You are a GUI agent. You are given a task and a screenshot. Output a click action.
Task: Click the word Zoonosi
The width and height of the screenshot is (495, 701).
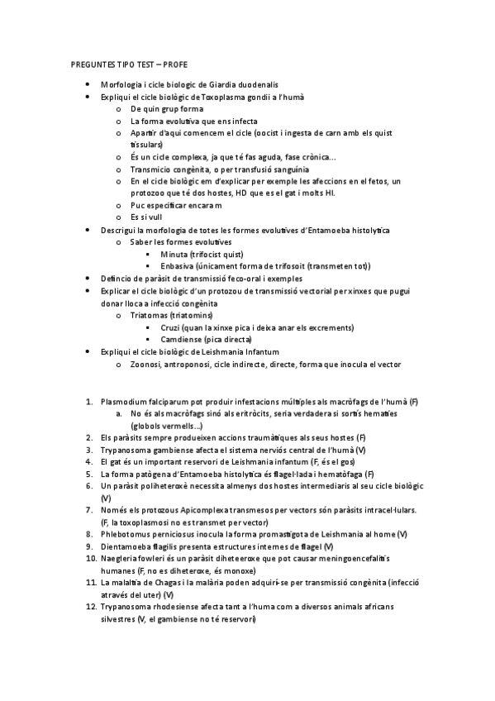click(148, 364)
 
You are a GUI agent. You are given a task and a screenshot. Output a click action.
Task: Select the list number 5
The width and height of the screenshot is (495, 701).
click(89, 474)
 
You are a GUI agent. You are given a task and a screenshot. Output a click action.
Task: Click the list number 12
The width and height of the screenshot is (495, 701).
click(90, 607)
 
